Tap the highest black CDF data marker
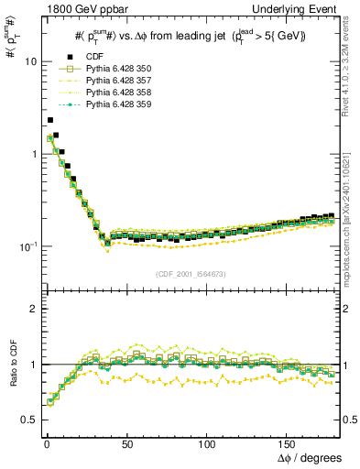coord(49,120)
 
